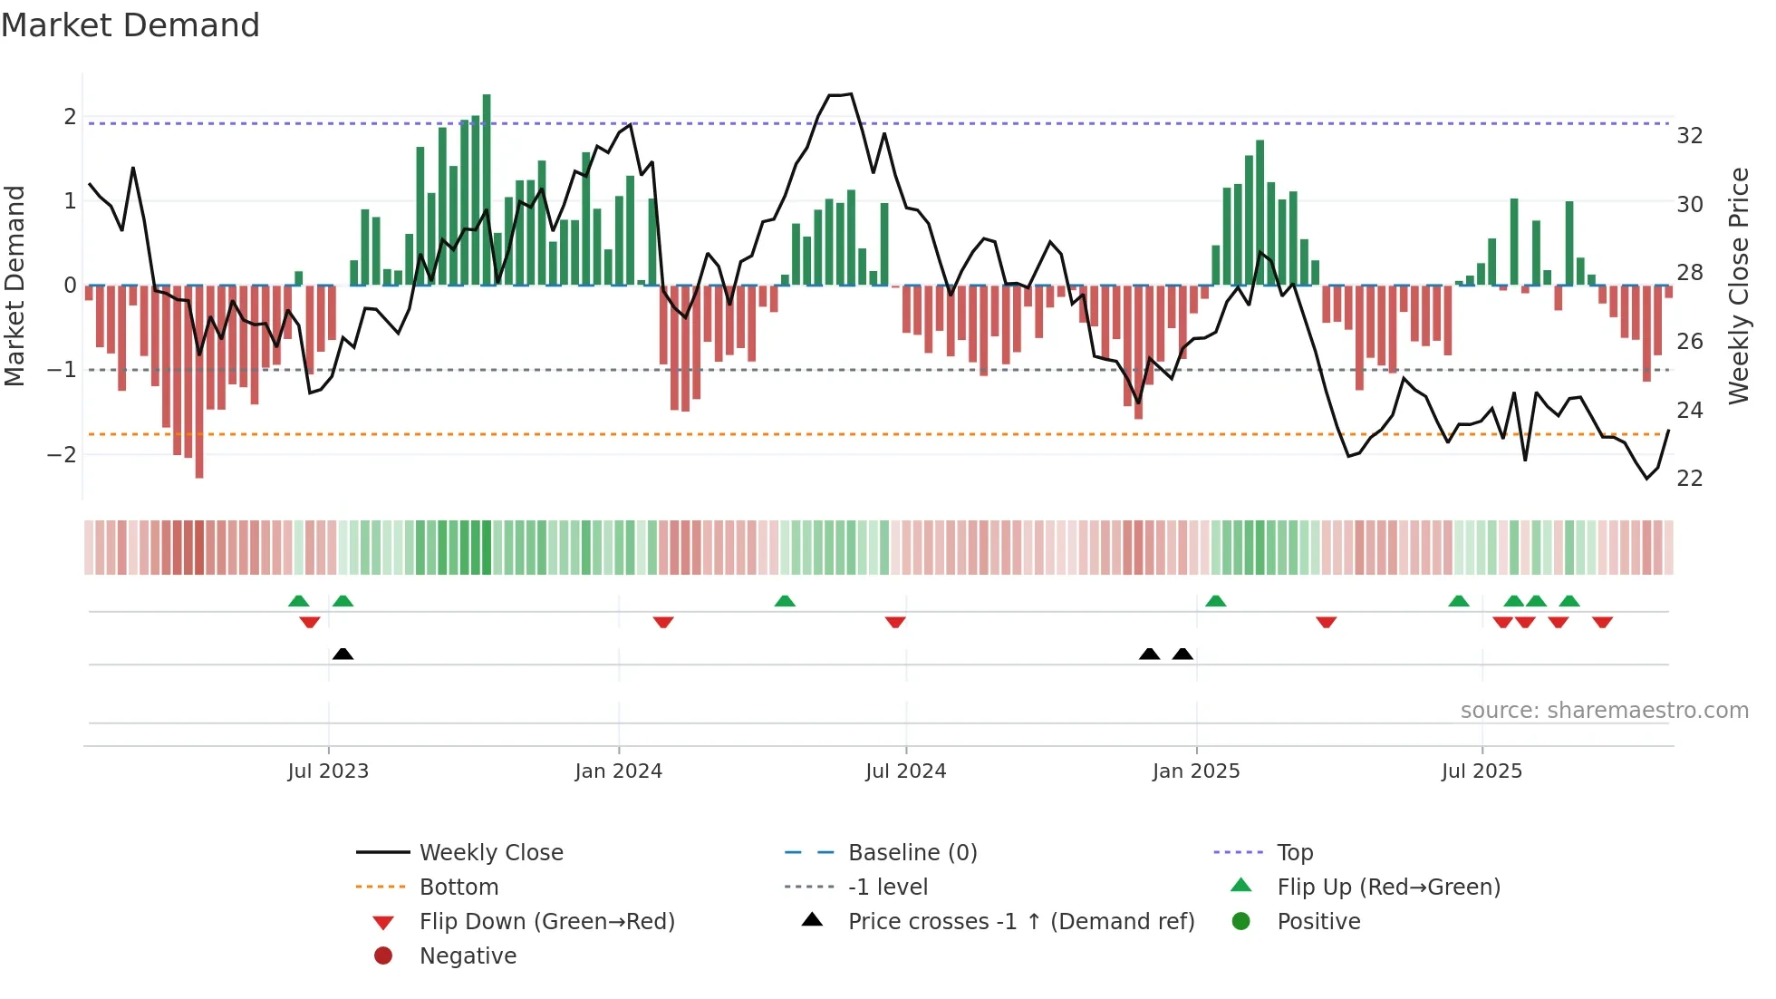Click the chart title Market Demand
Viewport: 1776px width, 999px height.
pos(130,25)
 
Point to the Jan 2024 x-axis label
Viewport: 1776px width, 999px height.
pos(618,771)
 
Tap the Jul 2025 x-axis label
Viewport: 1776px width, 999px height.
pos(1482,771)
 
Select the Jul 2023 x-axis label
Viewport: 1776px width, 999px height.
pos(328,771)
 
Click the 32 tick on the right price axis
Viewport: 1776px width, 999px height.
pos(1690,136)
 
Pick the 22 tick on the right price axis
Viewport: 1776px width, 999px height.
pos(1690,479)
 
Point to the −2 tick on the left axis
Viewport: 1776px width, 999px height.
pos(62,454)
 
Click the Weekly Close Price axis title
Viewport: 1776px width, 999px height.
pos(1739,286)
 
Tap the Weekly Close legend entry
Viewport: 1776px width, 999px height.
pos(490,853)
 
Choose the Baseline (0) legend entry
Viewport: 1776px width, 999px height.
pos(912,853)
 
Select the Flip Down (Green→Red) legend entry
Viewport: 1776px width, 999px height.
pos(546,922)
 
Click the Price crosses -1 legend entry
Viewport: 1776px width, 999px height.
pos(1020,922)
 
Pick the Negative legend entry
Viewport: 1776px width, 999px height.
pos(468,956)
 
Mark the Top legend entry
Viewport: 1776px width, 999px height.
pos(1294,853)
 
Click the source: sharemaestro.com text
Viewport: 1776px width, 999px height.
pos(1604,711)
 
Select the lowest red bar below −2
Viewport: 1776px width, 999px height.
pos(199,381)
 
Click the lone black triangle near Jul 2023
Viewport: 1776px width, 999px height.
pos(343,655)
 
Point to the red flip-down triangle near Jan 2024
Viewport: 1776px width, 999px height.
pos(663,622)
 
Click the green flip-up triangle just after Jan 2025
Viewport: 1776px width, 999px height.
pos(1216,601)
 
